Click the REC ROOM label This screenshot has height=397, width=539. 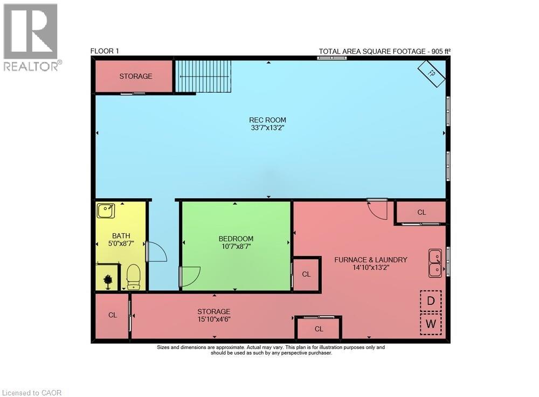pos(267,120)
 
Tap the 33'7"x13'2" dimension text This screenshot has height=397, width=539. pos(267,128)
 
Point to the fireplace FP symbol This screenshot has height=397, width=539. pos(432,74)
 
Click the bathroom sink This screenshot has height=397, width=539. pos(105,211)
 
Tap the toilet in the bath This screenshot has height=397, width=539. pos(133,276)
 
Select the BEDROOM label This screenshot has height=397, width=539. pos(236,239)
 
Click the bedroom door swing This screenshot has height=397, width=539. pos(190,276)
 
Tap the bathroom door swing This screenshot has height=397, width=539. pos(156,252)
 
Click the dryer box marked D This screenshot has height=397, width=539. pos(431,301)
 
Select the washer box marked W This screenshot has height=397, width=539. pos(431,324)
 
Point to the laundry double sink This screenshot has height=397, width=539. pos(436,262)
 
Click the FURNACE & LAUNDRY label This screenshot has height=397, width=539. pos(371,260)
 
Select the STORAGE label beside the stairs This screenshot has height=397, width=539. pos(135,76)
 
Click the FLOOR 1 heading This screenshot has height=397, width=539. pos(105,51)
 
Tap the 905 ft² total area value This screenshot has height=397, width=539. pos(438,52)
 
